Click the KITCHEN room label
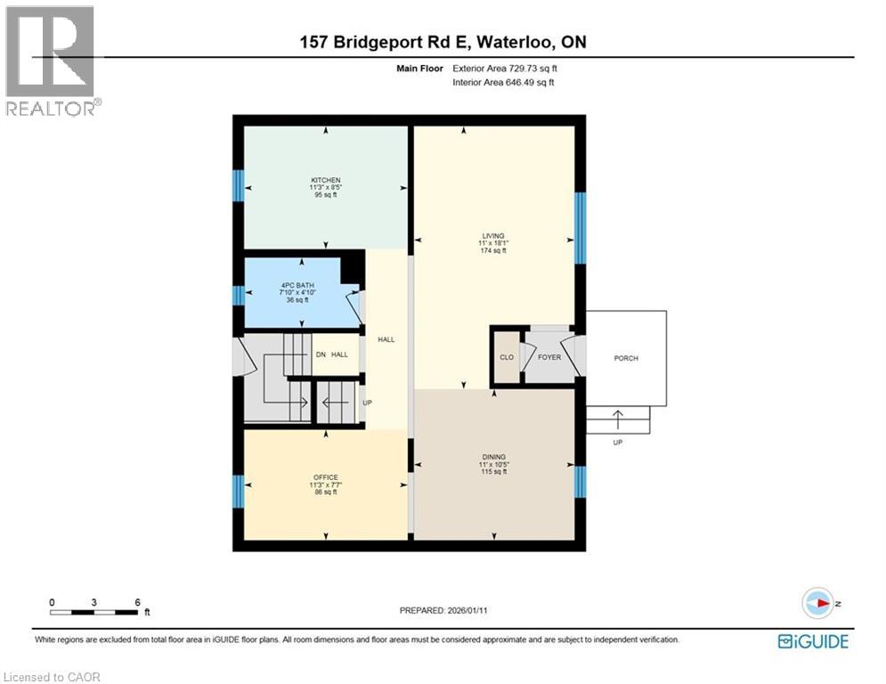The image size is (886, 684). pos(325,180)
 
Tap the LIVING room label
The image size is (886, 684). pos(492,236)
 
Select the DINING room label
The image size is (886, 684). pos(493,458)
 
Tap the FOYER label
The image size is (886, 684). pos(549,358)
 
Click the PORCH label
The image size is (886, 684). pos(626,358)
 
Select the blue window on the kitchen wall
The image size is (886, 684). pos(238,185)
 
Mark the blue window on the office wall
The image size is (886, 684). pos(238,491)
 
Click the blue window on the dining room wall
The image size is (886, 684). pos(580,481)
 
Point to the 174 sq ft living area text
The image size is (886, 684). pos(492,251)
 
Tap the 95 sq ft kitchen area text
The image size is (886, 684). pos(325,195)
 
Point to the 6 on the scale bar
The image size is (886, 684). pos(137,602)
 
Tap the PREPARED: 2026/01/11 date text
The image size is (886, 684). pos(443,610)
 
